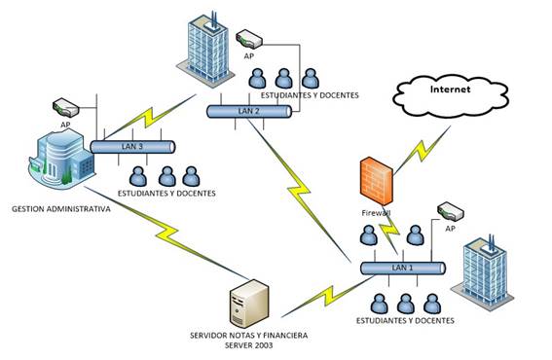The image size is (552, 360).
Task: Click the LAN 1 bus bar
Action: coord(402,268)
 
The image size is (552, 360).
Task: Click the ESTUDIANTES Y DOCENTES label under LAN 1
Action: coord(406,320)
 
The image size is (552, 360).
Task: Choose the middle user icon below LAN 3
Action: coord(166,176)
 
